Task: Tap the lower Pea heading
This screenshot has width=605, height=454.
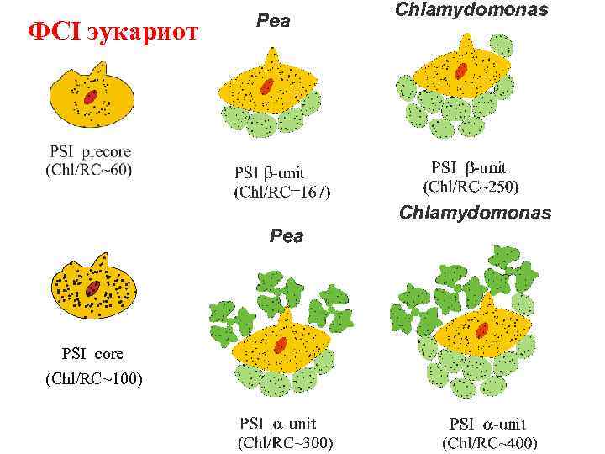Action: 286,236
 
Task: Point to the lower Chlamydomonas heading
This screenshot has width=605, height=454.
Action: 475,213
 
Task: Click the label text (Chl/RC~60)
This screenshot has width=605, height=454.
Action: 89,169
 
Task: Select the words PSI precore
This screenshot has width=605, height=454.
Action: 90,152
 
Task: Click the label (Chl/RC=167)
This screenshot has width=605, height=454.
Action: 281,192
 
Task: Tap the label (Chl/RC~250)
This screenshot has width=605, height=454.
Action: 470,184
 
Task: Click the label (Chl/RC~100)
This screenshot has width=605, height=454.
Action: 93,379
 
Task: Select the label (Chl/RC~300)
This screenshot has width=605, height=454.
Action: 285,441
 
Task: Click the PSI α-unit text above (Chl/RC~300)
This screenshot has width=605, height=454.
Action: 278,423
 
